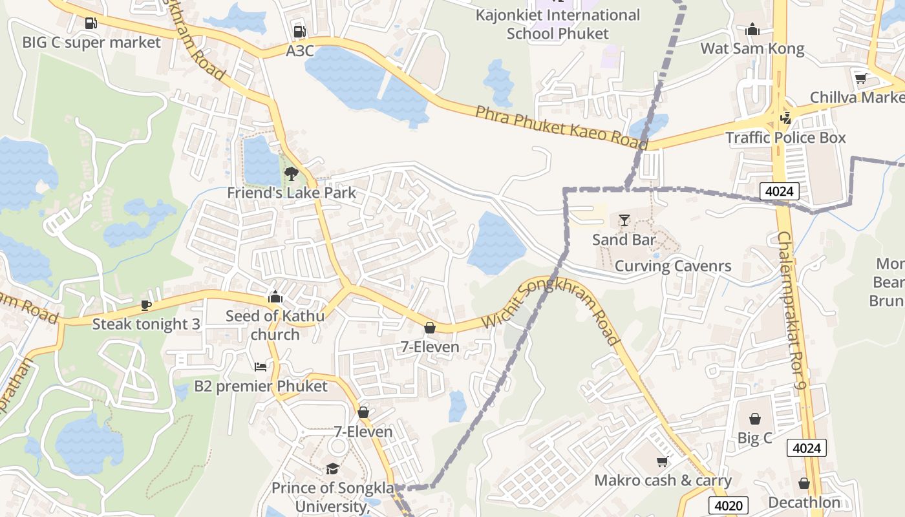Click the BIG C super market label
click(x=91, y=43)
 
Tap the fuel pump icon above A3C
click(x=299, y=31)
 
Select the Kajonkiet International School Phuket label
click(x=558, y=24)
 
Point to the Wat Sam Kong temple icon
click(x=752, y=29)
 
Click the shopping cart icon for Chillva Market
click(x=860, y=78)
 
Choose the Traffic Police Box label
click(x=785, y=138)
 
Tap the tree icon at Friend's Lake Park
click(x=291, y=173)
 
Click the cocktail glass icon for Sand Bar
click(x=624, y=220)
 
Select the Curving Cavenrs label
click(x=673, y=266)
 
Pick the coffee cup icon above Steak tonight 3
click(x=146, y=305)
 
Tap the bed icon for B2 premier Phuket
click(x=261, y=367)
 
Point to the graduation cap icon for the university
click(x=332, y=469)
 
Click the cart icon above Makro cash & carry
click(x=662, y=461)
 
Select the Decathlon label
click(x=804, y=502)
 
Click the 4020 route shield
click(x=729, y=505)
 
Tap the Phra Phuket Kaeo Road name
click(x=561, y=127)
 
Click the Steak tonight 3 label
click(x=146, y=324)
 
